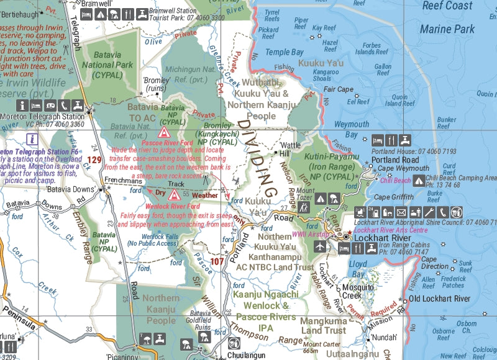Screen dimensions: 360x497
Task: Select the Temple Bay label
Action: click(x=286, y=53)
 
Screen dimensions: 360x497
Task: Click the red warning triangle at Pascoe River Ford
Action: click(x=164, y=132)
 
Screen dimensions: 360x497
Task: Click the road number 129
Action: click(x=94, y=160)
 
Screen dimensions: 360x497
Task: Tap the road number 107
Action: click(x=216, y=262)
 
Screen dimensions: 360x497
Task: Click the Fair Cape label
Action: click(x=338, y=89)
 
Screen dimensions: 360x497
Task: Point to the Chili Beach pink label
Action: click(x=395, y=181)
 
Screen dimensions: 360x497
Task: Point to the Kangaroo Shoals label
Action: click(x=313, y=76)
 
